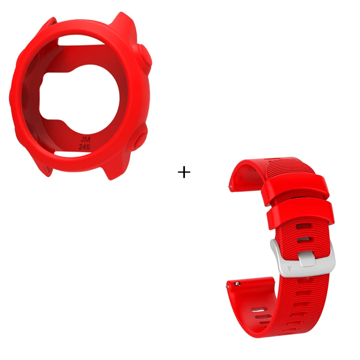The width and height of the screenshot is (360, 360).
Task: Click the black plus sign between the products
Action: (x=184, y=172)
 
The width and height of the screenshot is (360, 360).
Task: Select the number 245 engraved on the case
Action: (x=84, y=147)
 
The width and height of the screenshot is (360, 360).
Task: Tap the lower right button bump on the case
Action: (x=140, y=139)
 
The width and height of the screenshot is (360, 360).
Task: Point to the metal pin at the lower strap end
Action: (x=236, y=284)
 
